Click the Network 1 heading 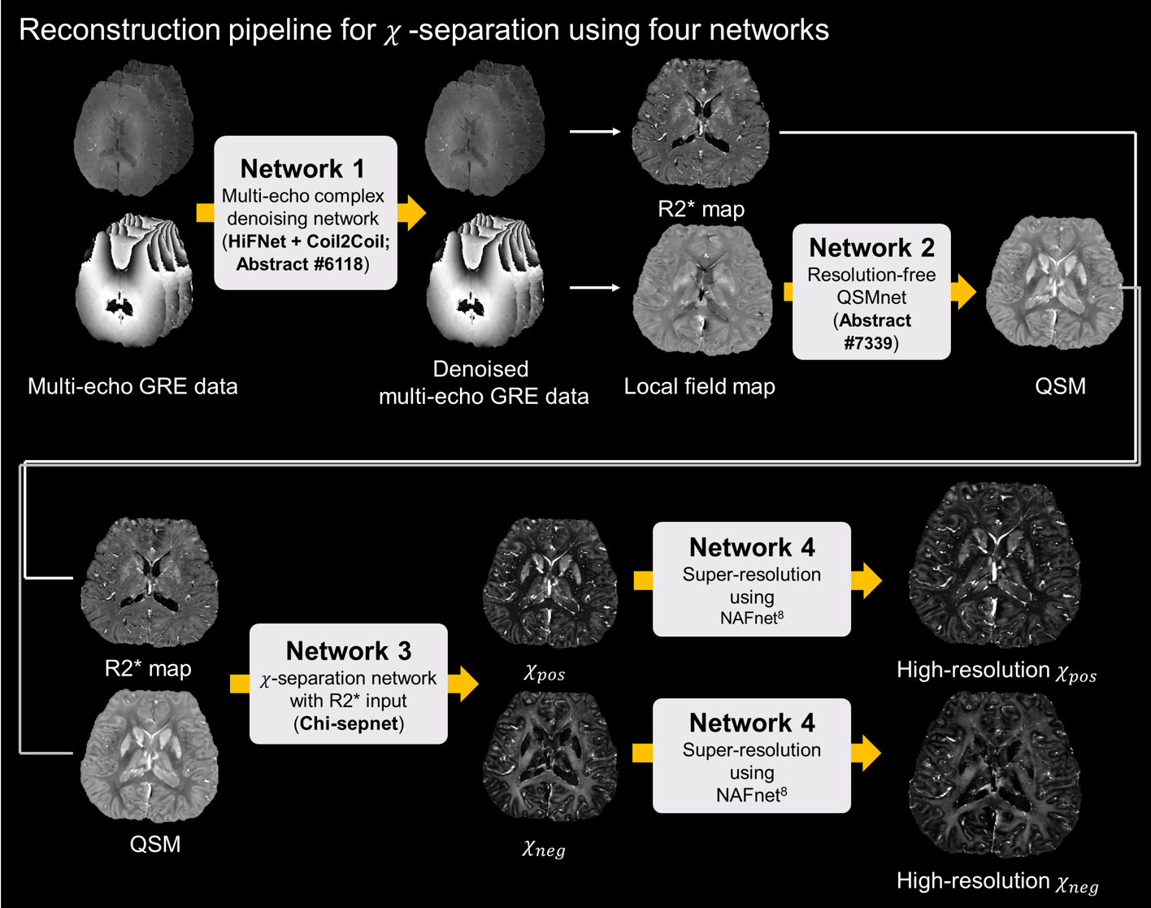click(x=303, y=168)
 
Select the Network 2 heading click(x=871, y=247)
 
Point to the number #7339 click(x=868, y=343)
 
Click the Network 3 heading click(x=348, y=650)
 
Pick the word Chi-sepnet click(x=349, y=723)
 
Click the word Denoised click(x=480, y=369)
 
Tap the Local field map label click(x=699, y=386)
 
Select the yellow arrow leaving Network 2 click(x=963, y=292)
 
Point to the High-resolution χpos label click(x=996, y=671)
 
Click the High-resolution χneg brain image click(x=993, y=776)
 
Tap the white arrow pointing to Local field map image click(x=595, y=288)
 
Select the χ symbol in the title click(x=392, y=33)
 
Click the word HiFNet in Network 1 click(x=257, y=241)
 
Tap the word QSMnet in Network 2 click(x=871, y=298)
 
